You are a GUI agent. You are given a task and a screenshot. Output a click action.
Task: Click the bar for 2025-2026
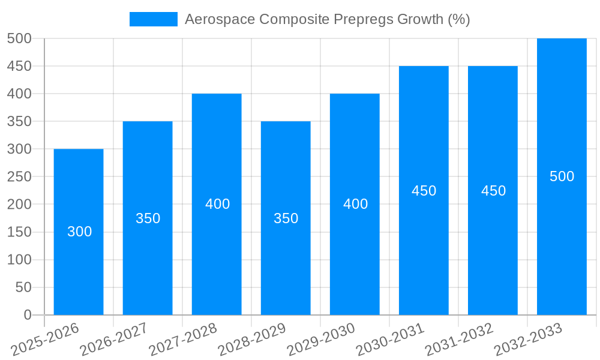point(79,264)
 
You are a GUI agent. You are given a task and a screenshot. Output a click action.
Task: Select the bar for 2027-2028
point(217,252)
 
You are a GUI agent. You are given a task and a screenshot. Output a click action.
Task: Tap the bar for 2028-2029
point(286,264)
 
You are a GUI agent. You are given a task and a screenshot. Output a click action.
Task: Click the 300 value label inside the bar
point(79,232)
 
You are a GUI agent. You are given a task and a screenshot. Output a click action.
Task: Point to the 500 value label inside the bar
point(562,176)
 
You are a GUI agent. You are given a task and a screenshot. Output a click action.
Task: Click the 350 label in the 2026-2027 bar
point(148,218)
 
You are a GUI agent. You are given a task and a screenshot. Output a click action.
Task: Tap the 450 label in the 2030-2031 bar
point(424,191)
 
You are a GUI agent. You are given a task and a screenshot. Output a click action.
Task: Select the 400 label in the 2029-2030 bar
point(355,204)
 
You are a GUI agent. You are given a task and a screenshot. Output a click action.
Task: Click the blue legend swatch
point(153,19)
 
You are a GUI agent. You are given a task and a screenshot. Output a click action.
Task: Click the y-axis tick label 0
point(27,315)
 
